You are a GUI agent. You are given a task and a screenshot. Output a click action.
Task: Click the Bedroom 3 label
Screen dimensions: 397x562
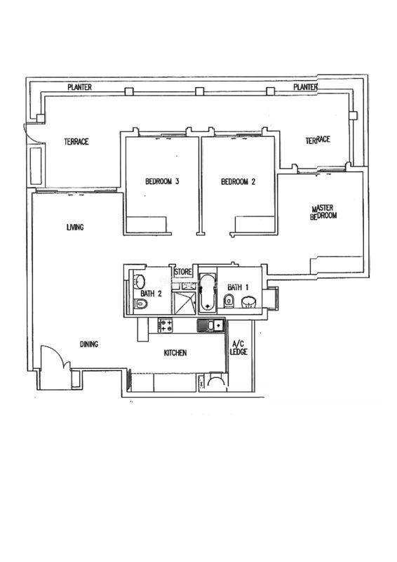pos(162,181)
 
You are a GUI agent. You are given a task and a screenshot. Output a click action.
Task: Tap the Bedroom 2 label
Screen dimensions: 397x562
pos(238,182)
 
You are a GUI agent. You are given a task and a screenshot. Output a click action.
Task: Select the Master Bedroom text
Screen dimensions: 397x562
pos(323,212)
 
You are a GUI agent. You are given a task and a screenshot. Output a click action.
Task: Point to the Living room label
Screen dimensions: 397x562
pos(75,227)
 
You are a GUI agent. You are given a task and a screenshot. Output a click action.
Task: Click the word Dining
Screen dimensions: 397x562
pos(89,344)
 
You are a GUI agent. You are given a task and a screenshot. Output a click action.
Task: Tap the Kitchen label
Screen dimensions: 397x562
pos(175,353)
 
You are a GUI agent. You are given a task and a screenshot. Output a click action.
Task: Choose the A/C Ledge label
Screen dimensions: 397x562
pos(238,348)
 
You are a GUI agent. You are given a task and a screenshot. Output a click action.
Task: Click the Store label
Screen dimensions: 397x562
pos(183,272)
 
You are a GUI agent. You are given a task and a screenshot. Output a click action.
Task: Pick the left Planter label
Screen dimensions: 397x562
pos(79,87)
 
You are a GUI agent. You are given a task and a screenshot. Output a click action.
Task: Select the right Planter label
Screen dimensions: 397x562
pos(305,86)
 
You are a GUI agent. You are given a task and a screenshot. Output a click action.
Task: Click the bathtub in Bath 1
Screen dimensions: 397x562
pos(208,292)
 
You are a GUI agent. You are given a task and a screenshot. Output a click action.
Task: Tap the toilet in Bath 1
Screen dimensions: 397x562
pos(229,301)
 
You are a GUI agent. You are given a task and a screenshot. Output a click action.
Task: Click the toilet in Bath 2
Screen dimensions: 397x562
pos(141,304)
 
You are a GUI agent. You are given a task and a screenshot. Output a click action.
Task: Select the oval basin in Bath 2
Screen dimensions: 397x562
pos(140,282)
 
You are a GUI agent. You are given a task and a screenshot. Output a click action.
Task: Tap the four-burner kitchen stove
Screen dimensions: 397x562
pos(166,325)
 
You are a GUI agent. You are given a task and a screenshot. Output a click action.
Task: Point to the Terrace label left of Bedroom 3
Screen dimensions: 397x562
pos(76,142)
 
